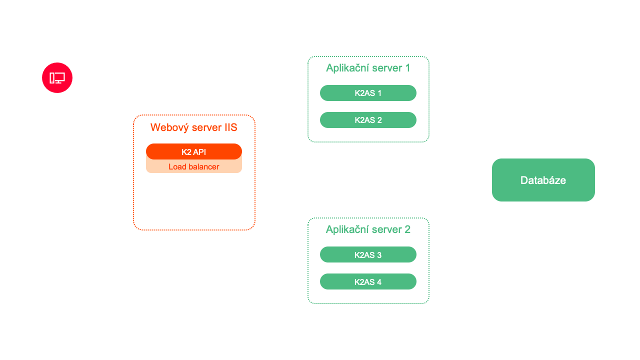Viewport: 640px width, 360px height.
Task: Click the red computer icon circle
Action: pyautogui.click(x=57, y=77)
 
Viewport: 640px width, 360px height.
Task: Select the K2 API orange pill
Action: pyautogui.click(x=193, y=151)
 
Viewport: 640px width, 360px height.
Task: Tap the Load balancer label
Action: pyautogui.click(x=193, y=167)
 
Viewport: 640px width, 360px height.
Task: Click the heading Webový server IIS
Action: pyautogui.click(x=193, y=127)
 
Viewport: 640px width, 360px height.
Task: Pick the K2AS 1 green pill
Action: pyautogui.click(x=368, y=93)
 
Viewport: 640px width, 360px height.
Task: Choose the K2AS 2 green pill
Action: pyautogui.click(x=368, y=120)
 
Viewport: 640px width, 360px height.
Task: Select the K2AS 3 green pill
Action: pyautogui.click(x=368, y=255)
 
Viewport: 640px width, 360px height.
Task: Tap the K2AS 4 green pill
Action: pyautogui.click(x=368, y=282)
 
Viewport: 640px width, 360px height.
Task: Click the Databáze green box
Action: pyautogui.click(x=543, y=180)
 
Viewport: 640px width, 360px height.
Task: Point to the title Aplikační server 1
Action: pyautogui.click(x=368, y=68)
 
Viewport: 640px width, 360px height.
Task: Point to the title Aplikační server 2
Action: pyautogui.click(x=368, y=229)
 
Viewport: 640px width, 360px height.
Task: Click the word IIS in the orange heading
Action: pyautogui.click(x=230, y=127)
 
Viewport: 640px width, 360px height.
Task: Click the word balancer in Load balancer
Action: pyautogui.click(x=202, y=167)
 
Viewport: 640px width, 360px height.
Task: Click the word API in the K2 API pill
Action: pyautogui.click(x=199, y=152)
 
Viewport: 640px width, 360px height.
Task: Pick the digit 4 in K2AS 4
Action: pyautogui.click(x=379, y=282)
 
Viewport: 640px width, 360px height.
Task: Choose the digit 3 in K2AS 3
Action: pyautogui.click(x=379, y=255)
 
